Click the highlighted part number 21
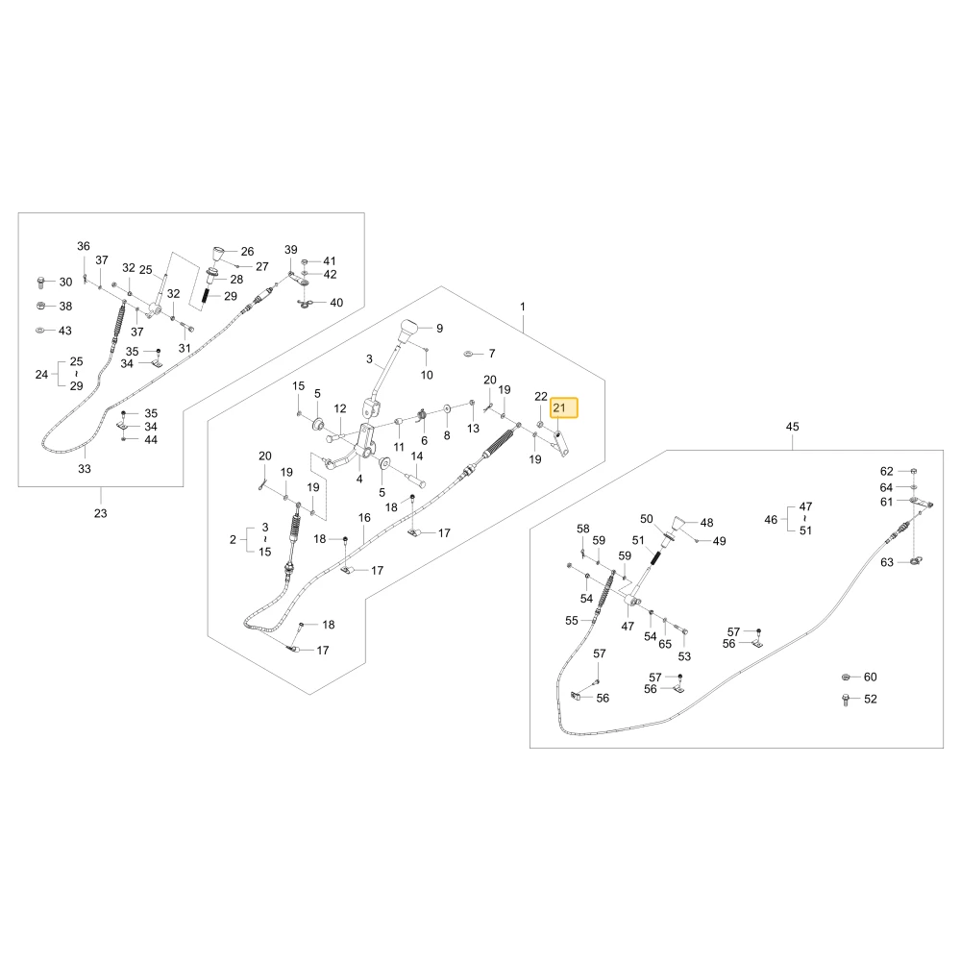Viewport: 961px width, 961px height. (x=559, y=407)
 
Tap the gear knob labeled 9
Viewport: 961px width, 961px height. (x=410, y=331)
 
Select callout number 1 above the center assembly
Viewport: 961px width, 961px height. (x=522, y=307)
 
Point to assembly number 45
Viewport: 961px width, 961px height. (x=792, y=427)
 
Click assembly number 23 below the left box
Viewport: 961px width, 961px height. (x=101, y=513)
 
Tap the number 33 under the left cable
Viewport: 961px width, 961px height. (x=85, y=469)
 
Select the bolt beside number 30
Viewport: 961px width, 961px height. (x=41, y=283)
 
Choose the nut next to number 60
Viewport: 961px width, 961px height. (x=846, y=677)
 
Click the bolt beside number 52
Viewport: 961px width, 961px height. (x=846, y=700)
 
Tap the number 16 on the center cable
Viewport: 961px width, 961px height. (x=364, y=518)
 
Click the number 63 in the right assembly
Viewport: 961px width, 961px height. (x=887, y=562)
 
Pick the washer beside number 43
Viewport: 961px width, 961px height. (x=40, y=331)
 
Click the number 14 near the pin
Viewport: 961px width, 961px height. (x=417, y=456)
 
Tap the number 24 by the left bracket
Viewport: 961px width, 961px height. (x=41, y=374)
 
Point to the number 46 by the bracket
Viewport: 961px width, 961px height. (x=771, y=520)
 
